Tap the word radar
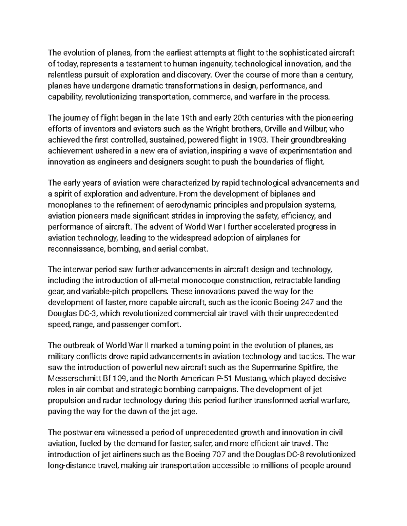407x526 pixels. tap(108, 400)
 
